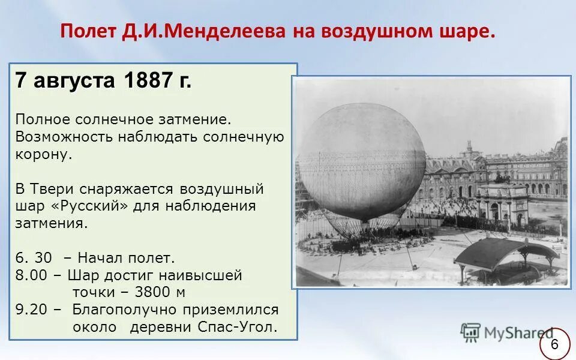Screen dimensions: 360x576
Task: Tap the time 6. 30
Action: click(x=34, y=259)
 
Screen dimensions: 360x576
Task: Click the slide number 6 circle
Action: click(x=554, y=344)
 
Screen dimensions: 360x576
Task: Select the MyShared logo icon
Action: click(x=470, y=332)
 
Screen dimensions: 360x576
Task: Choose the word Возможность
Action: click(x=64, y=136)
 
